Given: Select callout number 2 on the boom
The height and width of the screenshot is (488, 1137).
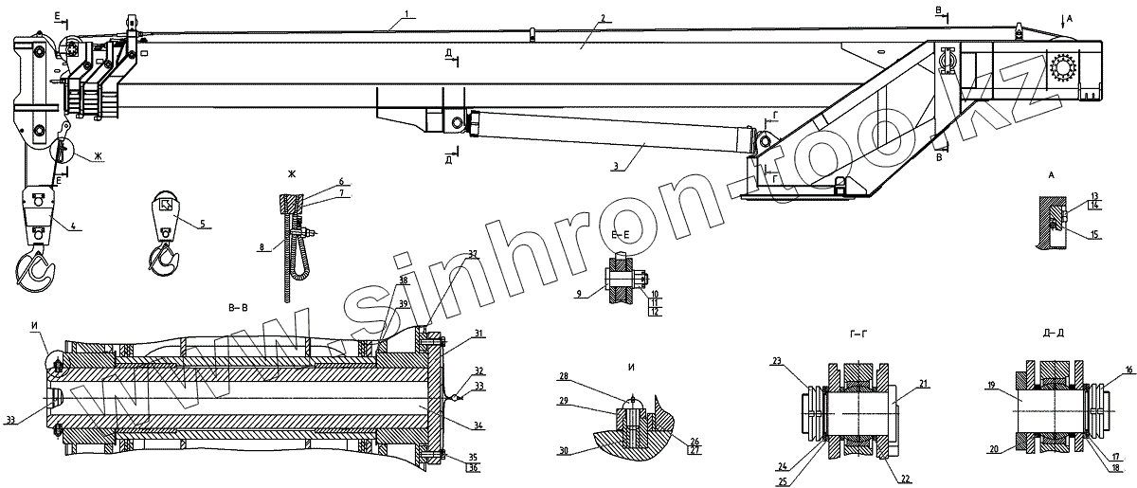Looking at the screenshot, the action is [x=603, y=18].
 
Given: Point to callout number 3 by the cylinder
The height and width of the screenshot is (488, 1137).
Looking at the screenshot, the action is [x=616, y=167].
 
